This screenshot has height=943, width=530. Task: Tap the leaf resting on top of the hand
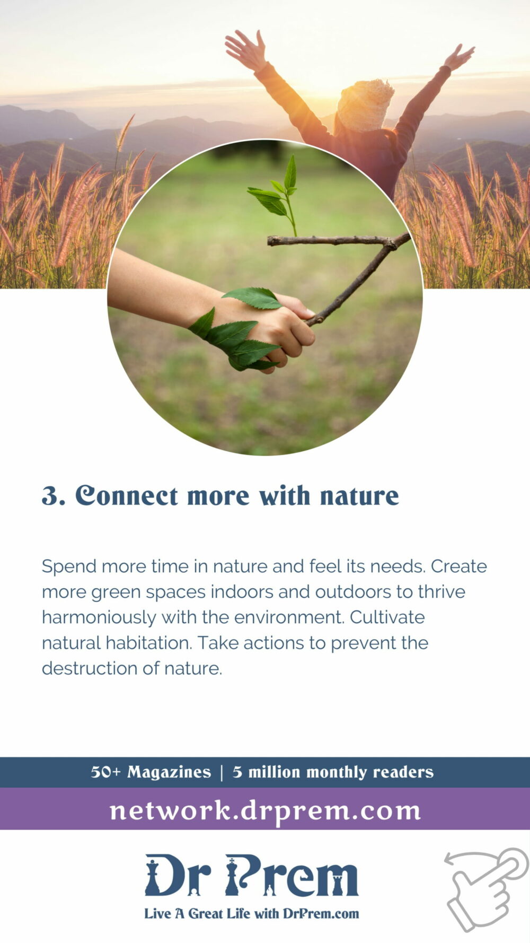pyautogui.click(x=252, y=298)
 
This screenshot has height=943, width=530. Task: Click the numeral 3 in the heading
pyautogui.click(x=51, y=495)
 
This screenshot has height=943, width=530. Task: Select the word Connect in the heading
pyautogui.click(x=126, y=495)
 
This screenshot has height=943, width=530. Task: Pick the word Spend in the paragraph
pyautogui.click(x=69, y=567)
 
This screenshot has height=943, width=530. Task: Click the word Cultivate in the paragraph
pyautogui.click(x=387, y=617)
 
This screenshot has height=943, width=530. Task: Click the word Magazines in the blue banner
pyautogui.click(x=169, y=772)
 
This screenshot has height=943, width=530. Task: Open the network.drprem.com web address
pyautogui.click(x=265, y=810)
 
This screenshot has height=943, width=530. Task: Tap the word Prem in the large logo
pyautogui.click(x=292, y=876)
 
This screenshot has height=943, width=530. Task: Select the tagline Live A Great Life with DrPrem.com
pyautogui.click(x=252, y=913)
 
